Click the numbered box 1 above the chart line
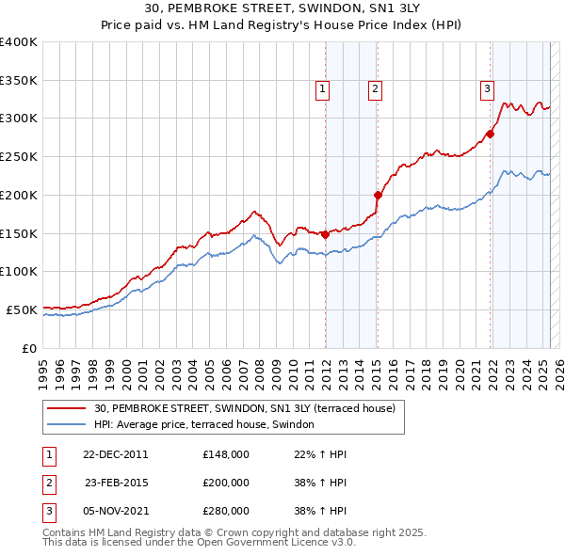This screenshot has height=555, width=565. point(322,89)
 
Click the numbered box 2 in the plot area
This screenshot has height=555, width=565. point(375,89)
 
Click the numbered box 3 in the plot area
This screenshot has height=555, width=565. point(488,89)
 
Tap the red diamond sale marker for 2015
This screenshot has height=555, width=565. point(378,196)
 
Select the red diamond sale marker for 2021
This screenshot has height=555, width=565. point(491,134)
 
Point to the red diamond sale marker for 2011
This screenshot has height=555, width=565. point(325,234)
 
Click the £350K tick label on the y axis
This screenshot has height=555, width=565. point(19,81)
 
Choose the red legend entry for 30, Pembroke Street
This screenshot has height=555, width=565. point(250,408)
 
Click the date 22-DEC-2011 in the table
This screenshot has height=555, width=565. point(115,454)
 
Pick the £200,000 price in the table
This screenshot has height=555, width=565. point(226,483)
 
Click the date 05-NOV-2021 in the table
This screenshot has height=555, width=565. point(115,511)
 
